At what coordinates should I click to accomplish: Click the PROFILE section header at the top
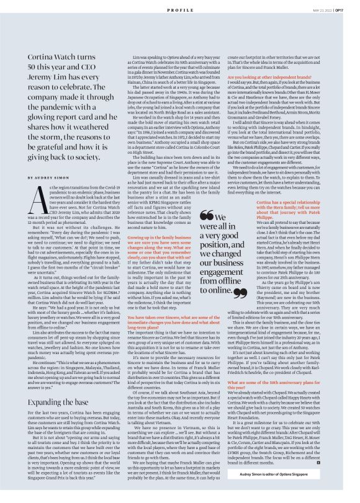(179, 11)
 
